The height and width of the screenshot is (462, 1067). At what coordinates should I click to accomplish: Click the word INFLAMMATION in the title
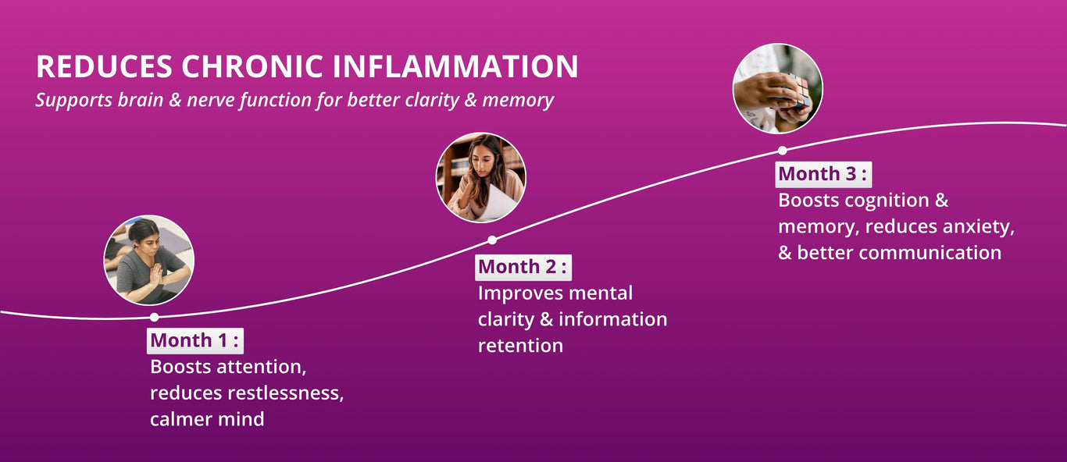pyautogui.click(x=455, y=66)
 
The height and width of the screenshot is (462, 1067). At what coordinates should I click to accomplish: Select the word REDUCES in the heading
pyautogui.click(x=104, y=66)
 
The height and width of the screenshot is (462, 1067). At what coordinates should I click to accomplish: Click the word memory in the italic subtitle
pyautogui.click(x=518, y=101)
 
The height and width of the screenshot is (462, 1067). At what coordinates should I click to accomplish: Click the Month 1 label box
pyautogui.click(x=195, y=341)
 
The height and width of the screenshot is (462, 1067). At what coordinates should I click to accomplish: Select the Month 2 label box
pyautogui.click(x=523, y=268)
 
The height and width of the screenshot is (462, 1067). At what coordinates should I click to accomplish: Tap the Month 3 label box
pyautogui.click(x=823, y=174)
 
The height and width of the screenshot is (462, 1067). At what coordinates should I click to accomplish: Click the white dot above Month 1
pyautogui.click(x=154, y=317)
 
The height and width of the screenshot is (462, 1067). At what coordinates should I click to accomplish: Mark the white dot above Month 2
pyautogui.click(x=492, y=240)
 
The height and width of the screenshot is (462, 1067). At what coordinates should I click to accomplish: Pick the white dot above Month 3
pyautogui.click(x=782, y=151)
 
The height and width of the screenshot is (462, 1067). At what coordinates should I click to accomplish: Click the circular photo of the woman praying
pyautogui.click(x=149, y=260)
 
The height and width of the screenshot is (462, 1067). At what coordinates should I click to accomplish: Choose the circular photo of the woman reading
pyautogui.click(x=481, y=177)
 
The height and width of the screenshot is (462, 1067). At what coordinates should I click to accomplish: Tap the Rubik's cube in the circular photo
pyautogui.click(x=795, y=91)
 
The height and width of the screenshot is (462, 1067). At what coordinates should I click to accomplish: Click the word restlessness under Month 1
pyautogui.click(x=286, y=393)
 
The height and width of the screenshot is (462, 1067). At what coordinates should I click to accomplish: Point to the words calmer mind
pyautogui.click(x=207, y=419)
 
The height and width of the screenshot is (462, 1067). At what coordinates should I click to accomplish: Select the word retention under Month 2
pyautogui.click(x=521, y=346)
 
